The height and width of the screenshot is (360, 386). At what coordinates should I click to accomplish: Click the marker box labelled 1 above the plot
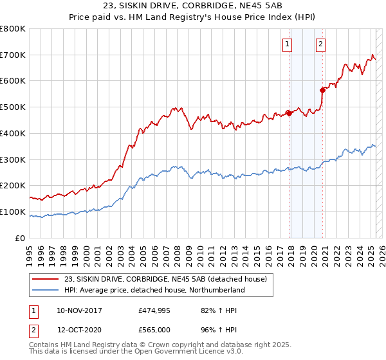(286, 44)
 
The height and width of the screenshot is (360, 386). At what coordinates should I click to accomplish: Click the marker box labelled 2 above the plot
(320, 44)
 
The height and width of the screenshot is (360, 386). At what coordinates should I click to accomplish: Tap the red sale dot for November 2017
(289, 114)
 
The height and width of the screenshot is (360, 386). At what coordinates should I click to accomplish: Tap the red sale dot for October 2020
(322, 90)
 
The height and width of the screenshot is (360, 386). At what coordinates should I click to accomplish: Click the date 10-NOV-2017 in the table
(79, 310)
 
